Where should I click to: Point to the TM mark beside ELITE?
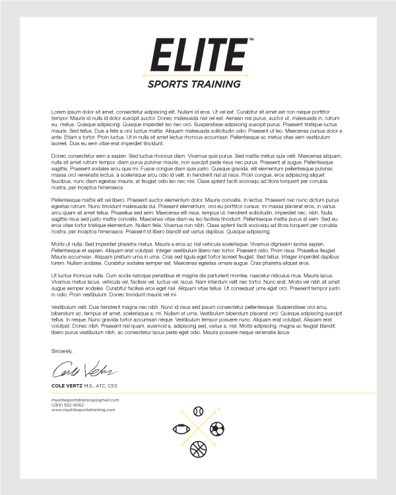tap(251, 40)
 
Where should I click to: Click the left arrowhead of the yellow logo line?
tap(145, 75)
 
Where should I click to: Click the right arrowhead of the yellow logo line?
tap(247, 75)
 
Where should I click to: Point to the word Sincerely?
tap(62, 351)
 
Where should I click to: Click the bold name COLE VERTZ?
tap(69, 385)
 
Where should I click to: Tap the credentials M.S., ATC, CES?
tap(102, 385)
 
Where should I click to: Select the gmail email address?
tap(84, 400)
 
